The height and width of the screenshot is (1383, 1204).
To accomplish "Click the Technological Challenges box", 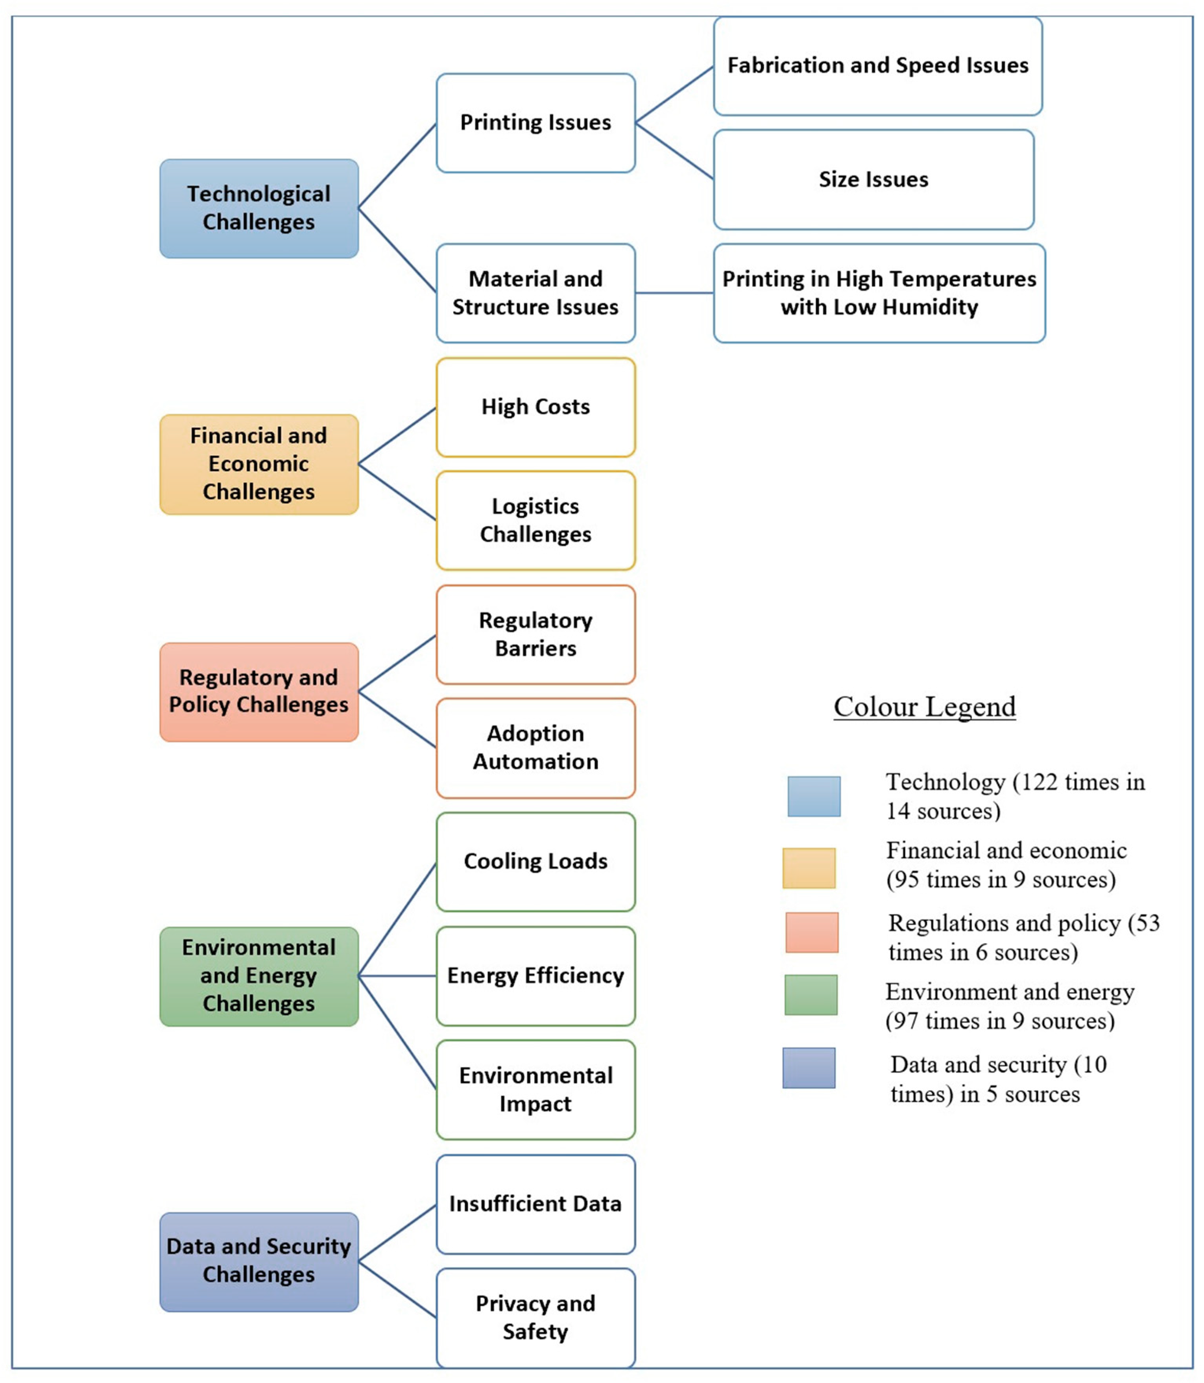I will [259, 208].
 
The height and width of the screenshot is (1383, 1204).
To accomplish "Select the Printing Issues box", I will [536, 123].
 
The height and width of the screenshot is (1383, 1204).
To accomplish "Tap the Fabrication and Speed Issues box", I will [877, 66].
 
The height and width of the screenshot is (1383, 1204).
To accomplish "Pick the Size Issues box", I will [873, 180].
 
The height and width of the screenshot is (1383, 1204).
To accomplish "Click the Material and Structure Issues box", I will [536, 293].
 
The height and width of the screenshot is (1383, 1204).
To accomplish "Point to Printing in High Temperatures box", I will [879, 293].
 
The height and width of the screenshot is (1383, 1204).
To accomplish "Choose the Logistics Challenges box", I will [536, 520].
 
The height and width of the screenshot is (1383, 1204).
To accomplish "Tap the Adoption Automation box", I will [536, 748].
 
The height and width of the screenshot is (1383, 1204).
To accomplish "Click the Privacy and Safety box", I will [536, 1318].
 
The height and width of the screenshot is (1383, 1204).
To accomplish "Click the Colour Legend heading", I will [925, 706].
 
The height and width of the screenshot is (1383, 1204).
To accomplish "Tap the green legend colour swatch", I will [811, 994].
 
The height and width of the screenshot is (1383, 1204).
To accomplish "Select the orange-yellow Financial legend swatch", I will [809, 868].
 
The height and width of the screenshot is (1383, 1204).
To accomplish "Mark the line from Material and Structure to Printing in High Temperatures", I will [674, 293].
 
